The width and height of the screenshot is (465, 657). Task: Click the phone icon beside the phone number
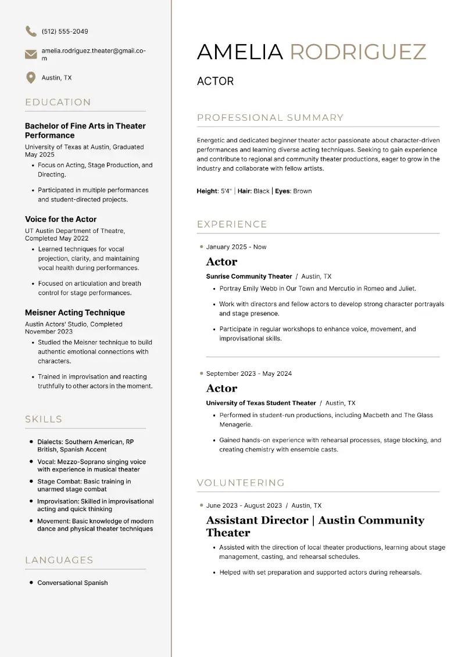[31, 31]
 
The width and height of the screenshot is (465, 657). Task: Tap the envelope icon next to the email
[31, 55]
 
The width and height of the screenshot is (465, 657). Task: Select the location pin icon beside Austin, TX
[31, 78]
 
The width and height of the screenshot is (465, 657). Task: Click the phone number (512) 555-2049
[65, 31]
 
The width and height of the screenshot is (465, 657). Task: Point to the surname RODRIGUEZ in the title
[358, 52]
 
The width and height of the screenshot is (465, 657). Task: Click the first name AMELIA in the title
[240, 52]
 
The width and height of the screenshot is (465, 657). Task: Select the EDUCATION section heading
[58, 102]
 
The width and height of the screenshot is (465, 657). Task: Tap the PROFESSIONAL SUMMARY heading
[270, 118]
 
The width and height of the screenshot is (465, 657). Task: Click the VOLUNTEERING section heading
[241, 483]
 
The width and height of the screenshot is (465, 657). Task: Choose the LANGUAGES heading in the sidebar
[59, 560]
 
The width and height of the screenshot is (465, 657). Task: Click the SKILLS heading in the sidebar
[44, 419]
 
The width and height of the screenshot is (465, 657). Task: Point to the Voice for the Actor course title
[61, 219]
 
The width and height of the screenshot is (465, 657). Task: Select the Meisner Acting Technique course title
[75, 313]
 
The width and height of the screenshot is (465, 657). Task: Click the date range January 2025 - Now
[236, 247]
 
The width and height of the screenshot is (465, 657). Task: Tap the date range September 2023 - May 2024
[249, 374]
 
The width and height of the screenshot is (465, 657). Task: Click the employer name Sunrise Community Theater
[249, 277]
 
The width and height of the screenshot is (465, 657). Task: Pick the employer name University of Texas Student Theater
[261, 403]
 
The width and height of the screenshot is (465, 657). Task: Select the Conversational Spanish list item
[73, 583]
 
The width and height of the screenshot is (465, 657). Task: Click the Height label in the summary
[207, 191]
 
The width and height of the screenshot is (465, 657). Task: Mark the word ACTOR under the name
[215, 81]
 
